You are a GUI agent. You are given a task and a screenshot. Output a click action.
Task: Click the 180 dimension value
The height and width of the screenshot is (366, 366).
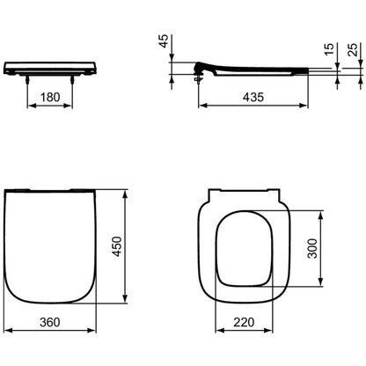50,97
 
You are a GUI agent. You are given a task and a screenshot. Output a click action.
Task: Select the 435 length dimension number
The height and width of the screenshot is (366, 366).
253,97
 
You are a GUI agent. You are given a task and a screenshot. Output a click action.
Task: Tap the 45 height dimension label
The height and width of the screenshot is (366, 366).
164,40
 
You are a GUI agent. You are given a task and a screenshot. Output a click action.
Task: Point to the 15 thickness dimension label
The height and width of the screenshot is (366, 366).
329,48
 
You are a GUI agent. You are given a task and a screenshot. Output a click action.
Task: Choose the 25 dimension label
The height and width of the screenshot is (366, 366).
352,49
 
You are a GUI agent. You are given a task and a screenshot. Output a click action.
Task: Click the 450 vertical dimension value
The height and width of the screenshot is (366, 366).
117,246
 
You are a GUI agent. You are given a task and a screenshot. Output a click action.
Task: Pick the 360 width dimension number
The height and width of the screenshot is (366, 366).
50,322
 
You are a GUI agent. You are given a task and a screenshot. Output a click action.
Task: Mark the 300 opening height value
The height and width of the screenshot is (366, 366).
312,248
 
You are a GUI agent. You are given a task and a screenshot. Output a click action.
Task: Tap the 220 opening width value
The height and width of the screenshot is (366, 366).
244,322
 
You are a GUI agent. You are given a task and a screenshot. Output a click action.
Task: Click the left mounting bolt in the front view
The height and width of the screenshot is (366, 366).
27,79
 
